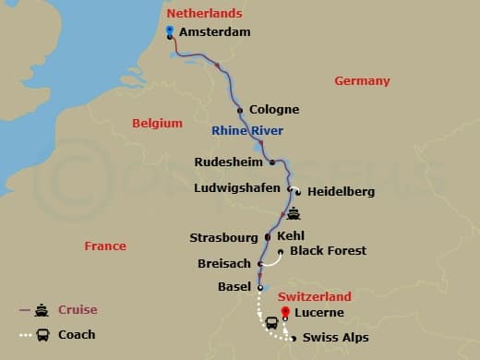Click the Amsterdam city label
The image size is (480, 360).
[x=215, y=32]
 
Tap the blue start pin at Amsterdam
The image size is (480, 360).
[x=170, y=30]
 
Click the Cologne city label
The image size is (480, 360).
[x=274, y=110]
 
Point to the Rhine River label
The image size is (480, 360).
[x=246, y=130]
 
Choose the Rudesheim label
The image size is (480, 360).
[x=227, y=162]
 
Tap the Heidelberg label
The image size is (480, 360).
[x=341, y=192]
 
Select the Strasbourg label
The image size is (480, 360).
[x=225, y=237]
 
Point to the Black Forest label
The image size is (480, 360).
[x=328, y=251]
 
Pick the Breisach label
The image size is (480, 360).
[x=224, y=264]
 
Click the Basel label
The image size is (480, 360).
[x=234, y=287]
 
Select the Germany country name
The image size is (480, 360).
[x=362, y=81]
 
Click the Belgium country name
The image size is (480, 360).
[x=157, y=123]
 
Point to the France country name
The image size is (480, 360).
[x=104, y=247]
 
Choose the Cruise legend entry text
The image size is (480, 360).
[x=78, y=310]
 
